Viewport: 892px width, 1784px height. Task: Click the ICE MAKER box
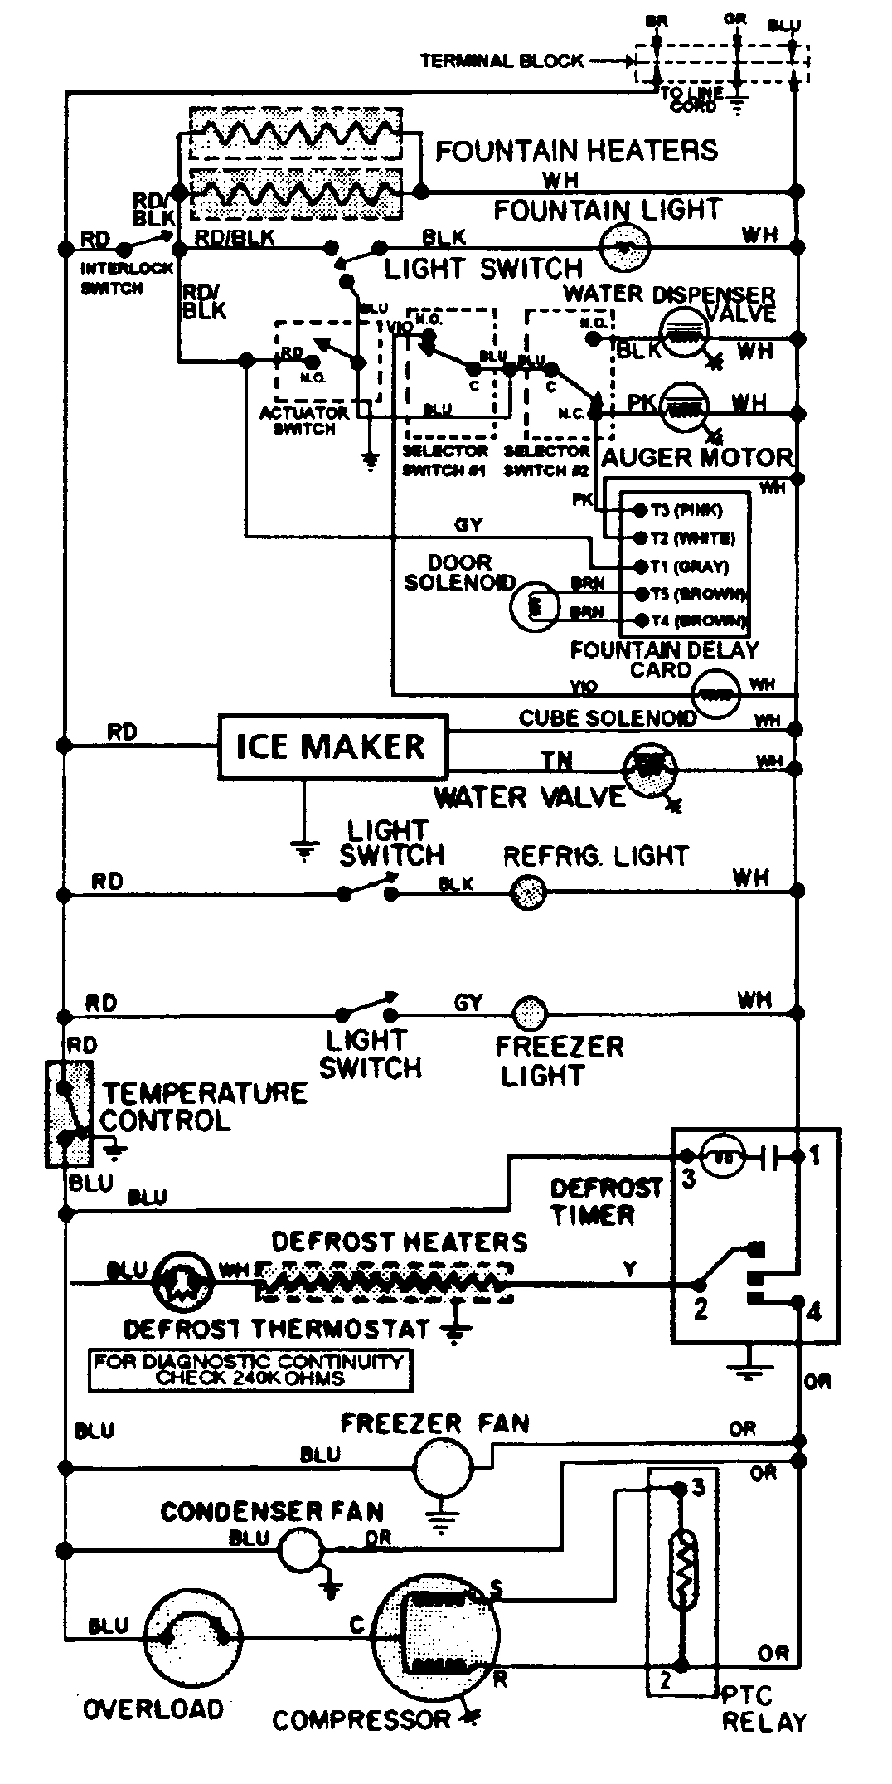tap(332, 746)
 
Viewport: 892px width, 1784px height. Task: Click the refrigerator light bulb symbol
tap(526, 893)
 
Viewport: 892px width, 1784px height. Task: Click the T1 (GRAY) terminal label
tap(690, 566)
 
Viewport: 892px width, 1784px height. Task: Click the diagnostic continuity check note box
tap(250, 1370)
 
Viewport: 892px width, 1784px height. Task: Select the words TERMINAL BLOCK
tap(502, 61)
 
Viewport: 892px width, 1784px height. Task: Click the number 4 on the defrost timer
tap(814, 1313)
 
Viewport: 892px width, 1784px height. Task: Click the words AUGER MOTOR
tap(696, 457)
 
